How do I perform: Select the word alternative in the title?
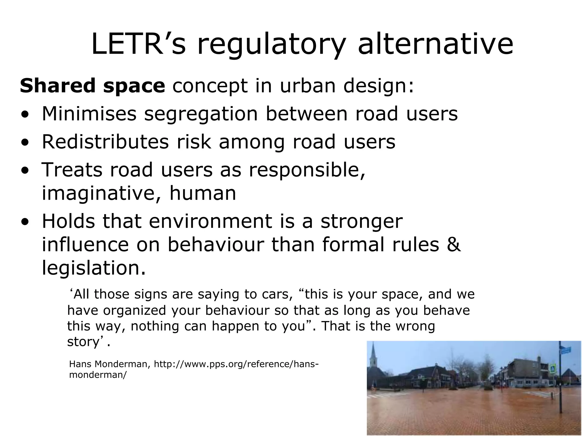click(x=435, y=44)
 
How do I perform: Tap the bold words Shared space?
click(x=92, y=86)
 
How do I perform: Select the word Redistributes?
click(x=105, y=142)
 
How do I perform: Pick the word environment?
click(x=210, y=221)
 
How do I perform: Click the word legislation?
click(x=93, y=268)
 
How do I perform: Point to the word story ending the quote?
click(x=83, y=342)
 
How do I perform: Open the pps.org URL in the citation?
click(x=236, y=364)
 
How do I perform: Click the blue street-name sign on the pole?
click(x=565, y=350)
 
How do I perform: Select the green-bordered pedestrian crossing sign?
click(x=553, y=368)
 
